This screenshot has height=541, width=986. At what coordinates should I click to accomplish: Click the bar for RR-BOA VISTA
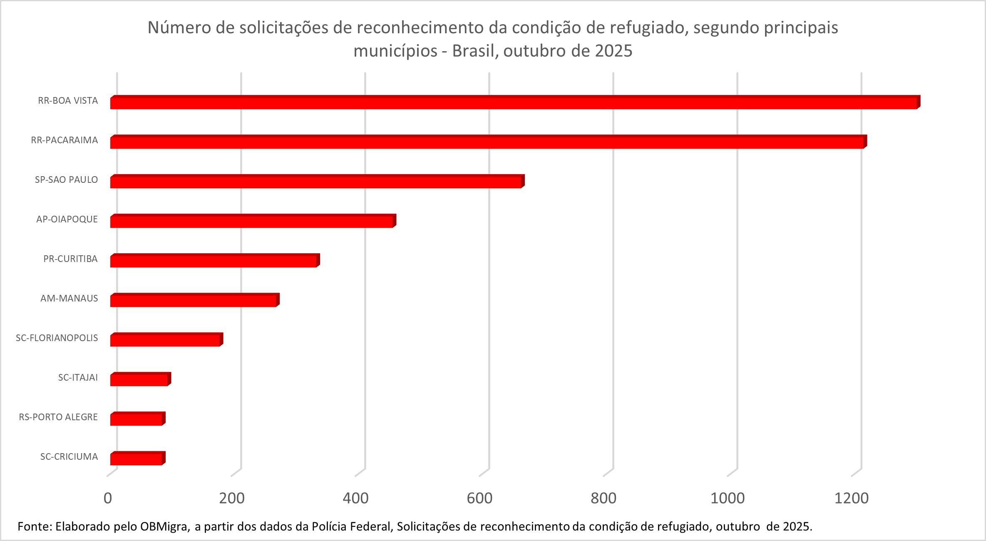pyautogui.click(x=514, y=102)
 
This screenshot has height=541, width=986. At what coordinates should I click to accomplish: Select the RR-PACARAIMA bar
pyautogui.click(x=487, y=142)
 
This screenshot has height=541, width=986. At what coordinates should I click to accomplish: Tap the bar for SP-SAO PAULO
pyautogui.click(x=316, y=182)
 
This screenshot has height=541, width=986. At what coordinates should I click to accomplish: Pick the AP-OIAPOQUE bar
pyautogui.click(x=252, y=221)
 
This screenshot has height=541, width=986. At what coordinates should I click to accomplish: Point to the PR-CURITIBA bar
pyautogui.click(x=214, y=261)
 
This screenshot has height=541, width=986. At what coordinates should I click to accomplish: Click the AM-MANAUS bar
pyautogui.click(x=194, y=300)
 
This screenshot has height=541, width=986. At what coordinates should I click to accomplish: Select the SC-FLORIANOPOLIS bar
pyautogui.click(x=166, y=340)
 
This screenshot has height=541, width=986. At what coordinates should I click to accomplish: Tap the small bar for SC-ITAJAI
pyautogui.click(x=140, y=379)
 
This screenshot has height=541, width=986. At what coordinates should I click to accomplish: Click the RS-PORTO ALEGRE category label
pyautogui.click(x=58, y=417)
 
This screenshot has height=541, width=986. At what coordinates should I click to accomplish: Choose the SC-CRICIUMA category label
pyautogui.click(x=69, y=456)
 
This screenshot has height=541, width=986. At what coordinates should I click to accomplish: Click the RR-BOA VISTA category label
pyautogui.click(x=68, y=100)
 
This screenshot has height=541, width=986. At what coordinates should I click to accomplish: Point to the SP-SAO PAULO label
pyautogui.click(x=66, y=180)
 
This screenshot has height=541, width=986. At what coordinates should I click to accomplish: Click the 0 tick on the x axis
pyautogui.click(x=108, y=498)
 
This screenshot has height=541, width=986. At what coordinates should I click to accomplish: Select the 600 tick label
pyautogui.click(x=479, y=498)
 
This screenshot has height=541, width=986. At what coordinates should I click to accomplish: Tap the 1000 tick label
pyautogui.click(x=727, y=498)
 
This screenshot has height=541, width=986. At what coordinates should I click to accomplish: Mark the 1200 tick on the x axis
pyautogui.click(x=851, y=498)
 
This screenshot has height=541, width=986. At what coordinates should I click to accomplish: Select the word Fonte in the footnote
pyautogui.click(x=34, y=526)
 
